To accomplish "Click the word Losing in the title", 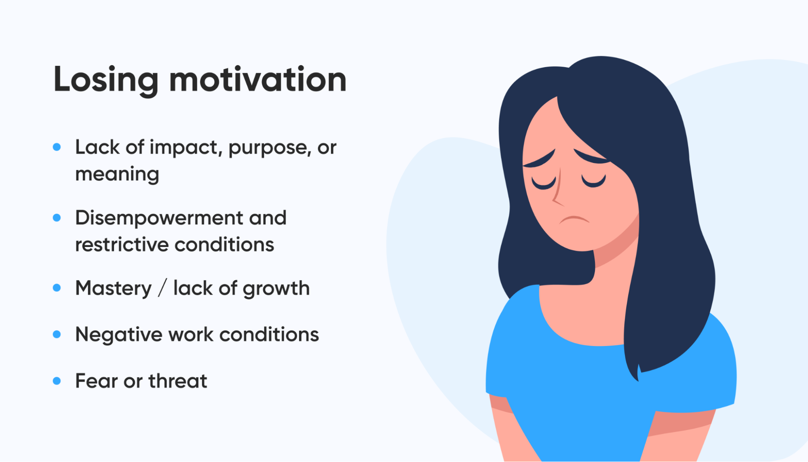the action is pyautogui.click(x=106, y=80).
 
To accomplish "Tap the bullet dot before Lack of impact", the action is pyautogui.click(x=57, y=147).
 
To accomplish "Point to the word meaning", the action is pyautogui.click(x=117, y=175).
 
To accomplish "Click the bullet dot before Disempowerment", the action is pyautogui.click(x=57, y=218).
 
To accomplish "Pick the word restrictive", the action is pyautogui.click(x=122, y=245).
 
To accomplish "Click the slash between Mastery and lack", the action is pyautogui.click(x=162, y=288).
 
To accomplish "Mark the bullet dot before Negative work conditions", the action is pyautogui.click(x=57, y=334).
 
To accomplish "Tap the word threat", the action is pyautogui.click(x=178, y=380).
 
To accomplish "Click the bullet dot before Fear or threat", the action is pyautogui.click(x=57, y=381).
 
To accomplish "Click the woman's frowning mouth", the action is pyautogui.click(x=574, y=219).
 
